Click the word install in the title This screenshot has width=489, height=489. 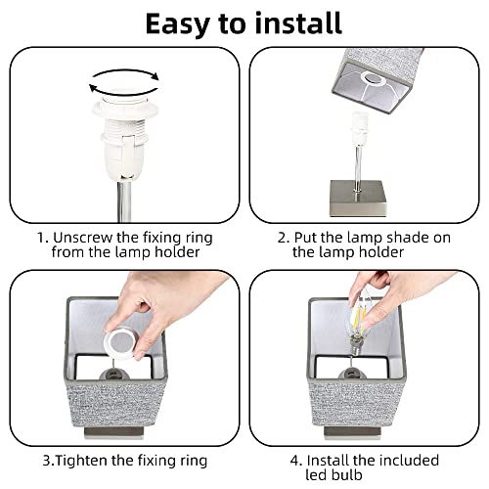[x=298, y=22]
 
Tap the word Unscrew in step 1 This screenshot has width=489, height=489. [x=82, y=238]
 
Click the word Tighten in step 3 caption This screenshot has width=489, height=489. [x=81, y=462]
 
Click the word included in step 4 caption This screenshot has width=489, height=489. [x=409, y=461]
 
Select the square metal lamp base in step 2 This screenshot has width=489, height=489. [x=358, y=198]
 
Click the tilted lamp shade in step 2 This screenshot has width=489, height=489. [x=377, y=80]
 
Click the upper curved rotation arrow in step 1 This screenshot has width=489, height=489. [x=126, y=73]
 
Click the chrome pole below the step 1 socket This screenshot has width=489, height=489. [x=124, y=200]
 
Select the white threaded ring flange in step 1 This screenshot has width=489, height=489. [x=125, y=110]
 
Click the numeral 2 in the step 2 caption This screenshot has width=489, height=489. [x=282, y=238]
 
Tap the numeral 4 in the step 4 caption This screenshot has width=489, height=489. [x=294, y=461]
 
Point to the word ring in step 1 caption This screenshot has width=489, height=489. [x=200, y=238]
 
